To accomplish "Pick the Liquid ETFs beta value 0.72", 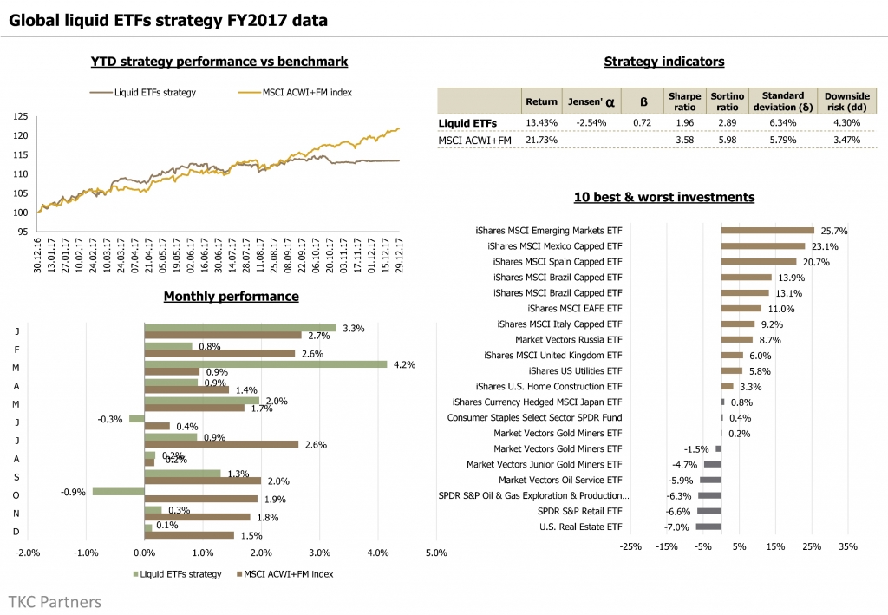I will pos(642,123).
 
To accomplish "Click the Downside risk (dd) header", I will pos(840,101).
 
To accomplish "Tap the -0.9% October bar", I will pos(118,491).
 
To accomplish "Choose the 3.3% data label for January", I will pos(353,328).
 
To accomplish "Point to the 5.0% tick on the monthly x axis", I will pos(435,553).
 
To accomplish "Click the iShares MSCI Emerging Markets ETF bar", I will pos(767,231).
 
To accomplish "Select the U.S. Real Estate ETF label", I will pos(580,527).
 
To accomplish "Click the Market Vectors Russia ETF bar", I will pos(736,339).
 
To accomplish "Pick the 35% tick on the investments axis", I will pos(848,546).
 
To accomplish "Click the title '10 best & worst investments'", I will pos(663,197).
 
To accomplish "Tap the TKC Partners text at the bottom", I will pos(55,601).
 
